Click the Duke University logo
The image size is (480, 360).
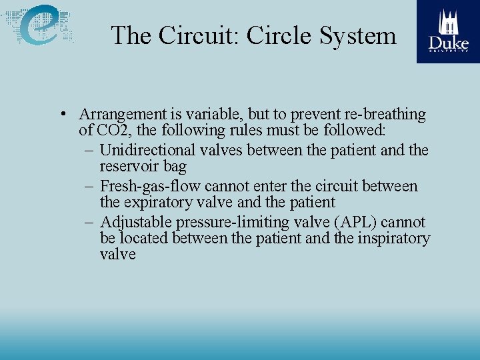coord(448,31)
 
